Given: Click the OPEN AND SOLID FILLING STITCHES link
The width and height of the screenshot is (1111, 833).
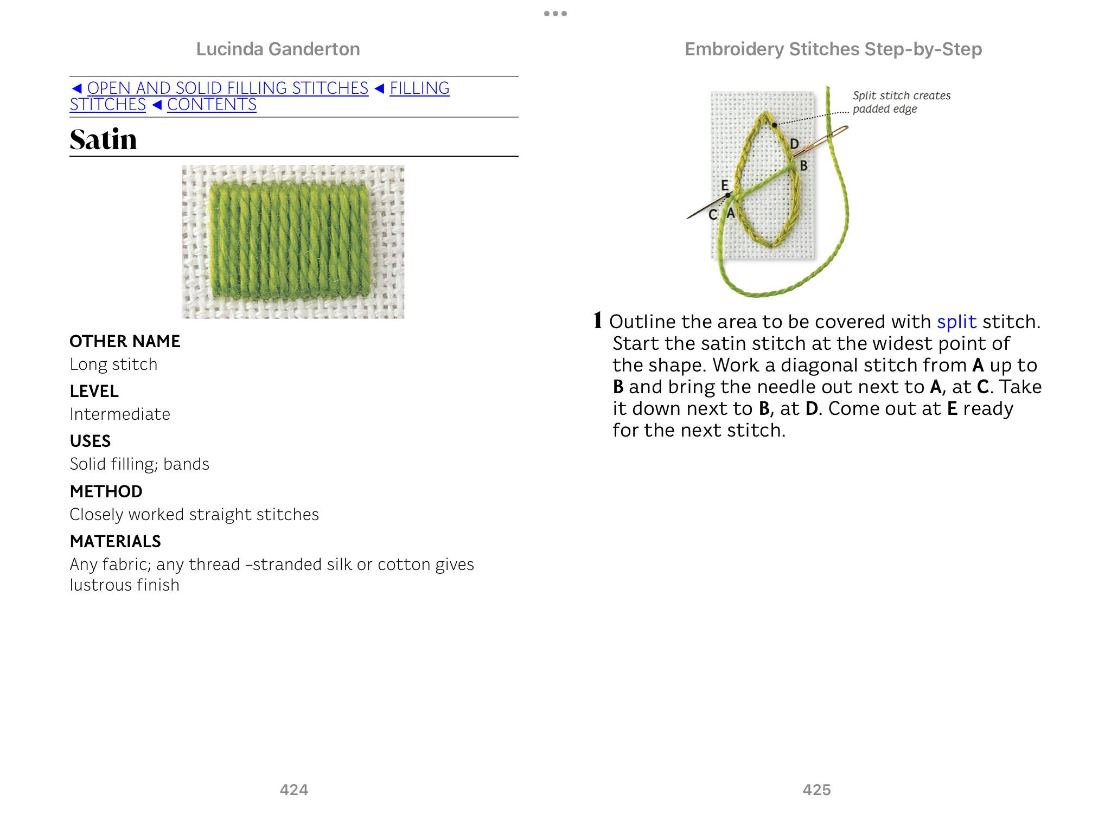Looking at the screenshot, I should [228, 88].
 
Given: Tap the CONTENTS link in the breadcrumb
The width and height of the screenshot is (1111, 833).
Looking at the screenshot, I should [212, 105].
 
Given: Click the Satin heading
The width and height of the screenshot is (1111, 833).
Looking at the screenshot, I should [103, 139].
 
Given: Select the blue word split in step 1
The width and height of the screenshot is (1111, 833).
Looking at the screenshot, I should [956, 322].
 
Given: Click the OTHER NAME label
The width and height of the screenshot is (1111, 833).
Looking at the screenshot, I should [125, 341].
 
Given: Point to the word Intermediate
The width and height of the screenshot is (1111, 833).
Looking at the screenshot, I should [120, 414].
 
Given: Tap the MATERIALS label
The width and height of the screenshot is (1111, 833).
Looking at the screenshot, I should [115, 541].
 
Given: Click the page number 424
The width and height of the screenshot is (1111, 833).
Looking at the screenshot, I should [294, 790].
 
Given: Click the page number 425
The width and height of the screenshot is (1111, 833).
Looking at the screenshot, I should [816, 790].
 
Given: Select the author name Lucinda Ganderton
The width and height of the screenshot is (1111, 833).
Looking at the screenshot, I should [278, 49].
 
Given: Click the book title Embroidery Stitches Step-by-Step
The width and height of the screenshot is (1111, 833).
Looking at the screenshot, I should [833, 49].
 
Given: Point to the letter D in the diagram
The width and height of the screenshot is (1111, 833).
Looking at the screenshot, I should [794, 144].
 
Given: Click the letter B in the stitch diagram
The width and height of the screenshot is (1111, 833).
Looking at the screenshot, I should [804, 166].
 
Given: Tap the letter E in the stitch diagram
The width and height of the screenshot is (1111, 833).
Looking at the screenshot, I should [724, 185].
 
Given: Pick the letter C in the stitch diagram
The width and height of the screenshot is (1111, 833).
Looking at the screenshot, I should [713, 215].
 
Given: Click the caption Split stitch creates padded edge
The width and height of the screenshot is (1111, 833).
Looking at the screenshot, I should [901, 102].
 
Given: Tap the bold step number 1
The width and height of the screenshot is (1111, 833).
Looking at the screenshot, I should [598, 321].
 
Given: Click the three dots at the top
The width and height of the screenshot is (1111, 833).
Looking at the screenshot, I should [555, 14].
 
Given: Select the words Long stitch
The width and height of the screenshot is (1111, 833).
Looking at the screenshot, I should [113, 364].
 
